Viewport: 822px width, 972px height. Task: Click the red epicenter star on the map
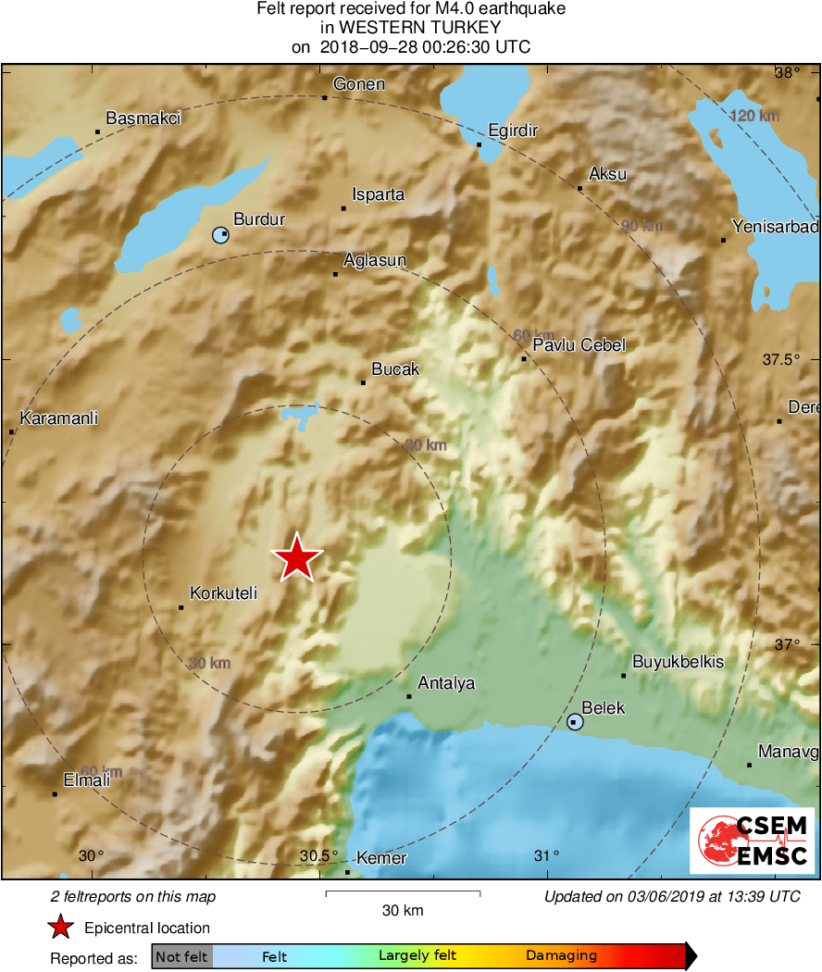pos(296,558)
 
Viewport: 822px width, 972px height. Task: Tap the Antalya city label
pos(446,683)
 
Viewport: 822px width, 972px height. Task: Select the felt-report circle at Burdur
pos(220,235)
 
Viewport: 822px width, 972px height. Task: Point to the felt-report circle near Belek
pos(576,721)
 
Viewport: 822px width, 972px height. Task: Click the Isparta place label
pos(379,195)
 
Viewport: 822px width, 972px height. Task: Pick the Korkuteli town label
pos(223,593)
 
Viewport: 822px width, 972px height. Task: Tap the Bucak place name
pos(396,368)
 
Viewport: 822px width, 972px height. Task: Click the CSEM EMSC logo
pos(752,841)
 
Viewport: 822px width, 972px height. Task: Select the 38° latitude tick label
pos(789,73)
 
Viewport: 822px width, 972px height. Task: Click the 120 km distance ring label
pos(755,116)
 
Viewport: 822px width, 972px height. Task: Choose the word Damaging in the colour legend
pos(561,955)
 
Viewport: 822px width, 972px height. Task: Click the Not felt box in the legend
pos(181,955)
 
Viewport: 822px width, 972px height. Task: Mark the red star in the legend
pos(60,927)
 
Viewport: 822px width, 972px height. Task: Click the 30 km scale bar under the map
pos(403,893)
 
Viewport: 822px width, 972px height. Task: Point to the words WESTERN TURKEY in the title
pos(411,28)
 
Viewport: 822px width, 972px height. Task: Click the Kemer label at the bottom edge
pos(381,858)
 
